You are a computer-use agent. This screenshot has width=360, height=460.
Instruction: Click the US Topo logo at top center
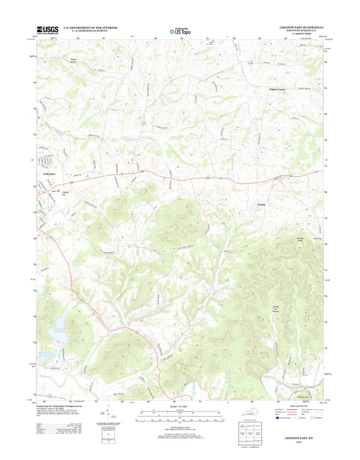(180, 31)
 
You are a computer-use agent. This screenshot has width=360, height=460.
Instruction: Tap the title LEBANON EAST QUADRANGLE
(300, 28)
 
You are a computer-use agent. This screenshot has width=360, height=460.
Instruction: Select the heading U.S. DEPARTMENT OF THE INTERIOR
(90, 28)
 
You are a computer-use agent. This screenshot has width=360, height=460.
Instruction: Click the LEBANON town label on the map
(49, 173)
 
